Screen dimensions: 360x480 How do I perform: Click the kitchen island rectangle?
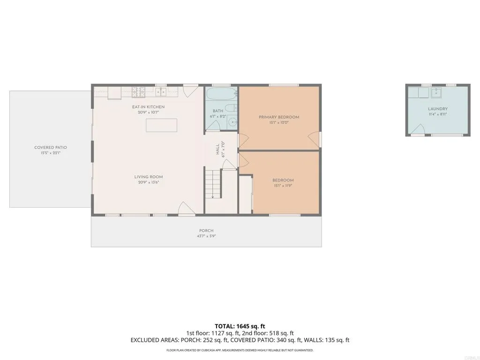click(162, 126)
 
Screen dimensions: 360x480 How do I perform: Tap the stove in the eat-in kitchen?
click(138, 92)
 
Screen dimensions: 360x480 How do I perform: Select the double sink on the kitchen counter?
click(161, 91)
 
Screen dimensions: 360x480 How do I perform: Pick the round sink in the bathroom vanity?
click(232, 123)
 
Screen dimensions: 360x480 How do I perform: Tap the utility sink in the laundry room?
click(437, 92)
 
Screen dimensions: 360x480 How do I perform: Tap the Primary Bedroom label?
click(279, 117)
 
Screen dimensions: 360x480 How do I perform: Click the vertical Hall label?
click(218, 150)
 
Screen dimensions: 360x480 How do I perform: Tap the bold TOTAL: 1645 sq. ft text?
click(240, 326)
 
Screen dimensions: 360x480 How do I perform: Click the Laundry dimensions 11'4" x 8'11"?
click(437, 114)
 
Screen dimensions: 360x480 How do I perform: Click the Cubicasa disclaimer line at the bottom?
click(240, 350)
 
